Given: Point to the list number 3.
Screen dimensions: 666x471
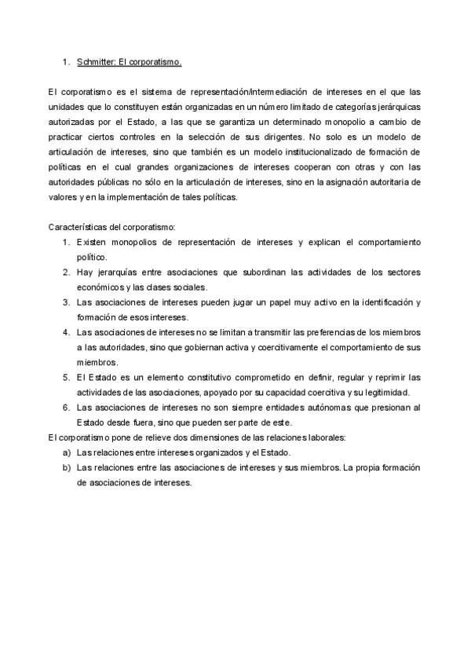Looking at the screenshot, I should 67,302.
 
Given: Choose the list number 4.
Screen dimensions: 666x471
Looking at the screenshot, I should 67,332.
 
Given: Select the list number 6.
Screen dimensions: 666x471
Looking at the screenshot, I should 67,407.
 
